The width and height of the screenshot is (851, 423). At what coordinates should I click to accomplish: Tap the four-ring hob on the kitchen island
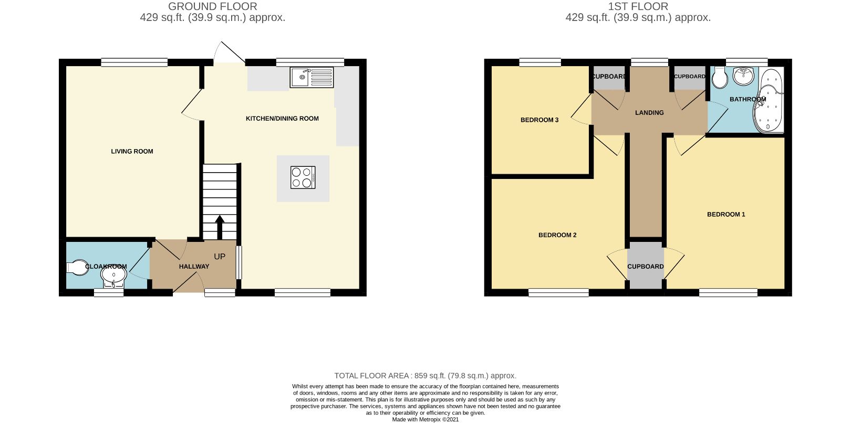point(303,177)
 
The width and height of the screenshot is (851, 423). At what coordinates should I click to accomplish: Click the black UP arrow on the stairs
point(220,227)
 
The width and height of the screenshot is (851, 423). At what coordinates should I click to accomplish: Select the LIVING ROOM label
point(132,151)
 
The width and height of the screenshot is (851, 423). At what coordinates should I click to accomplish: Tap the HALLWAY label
point(194,267)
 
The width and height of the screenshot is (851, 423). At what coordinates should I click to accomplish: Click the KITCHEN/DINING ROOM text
point(282,119)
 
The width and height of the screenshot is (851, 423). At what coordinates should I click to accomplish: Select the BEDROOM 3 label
point(539,120)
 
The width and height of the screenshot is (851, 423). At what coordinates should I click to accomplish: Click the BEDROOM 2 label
point(557,235)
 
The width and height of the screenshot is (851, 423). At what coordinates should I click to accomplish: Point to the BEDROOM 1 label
point(726,214)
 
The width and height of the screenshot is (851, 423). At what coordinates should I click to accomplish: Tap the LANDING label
point(649,113)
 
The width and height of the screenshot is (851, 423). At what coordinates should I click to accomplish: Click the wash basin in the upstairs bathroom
point(744,77)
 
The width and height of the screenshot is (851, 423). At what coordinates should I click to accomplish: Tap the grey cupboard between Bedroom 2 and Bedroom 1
point(646,266)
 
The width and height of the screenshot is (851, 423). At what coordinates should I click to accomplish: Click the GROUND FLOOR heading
point(213,7)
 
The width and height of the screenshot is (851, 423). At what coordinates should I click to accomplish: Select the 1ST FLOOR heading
point(638,7)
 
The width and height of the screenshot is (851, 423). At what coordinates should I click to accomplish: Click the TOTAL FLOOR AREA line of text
point(425,376)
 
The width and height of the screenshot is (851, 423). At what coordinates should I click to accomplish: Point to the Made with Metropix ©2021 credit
point(425,419)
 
